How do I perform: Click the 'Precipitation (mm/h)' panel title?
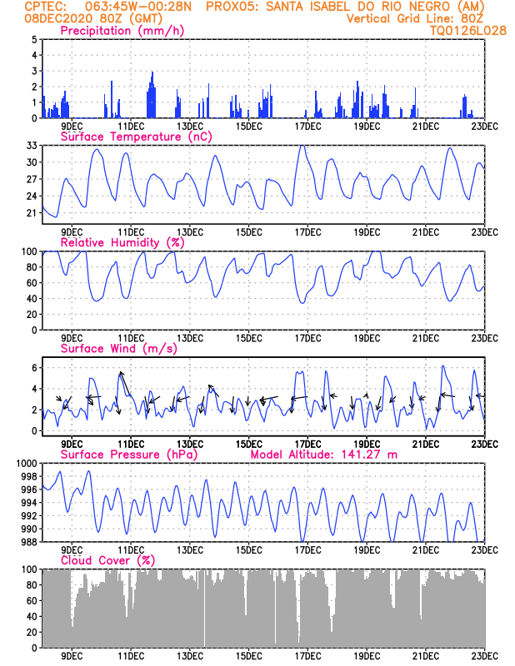[x=122, y=31]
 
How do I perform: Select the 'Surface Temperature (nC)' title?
[x=136, y=137]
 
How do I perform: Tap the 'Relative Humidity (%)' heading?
[x=122, y=242]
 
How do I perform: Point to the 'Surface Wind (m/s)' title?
[x=118, y=349]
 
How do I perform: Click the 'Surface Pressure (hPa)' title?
[x=129, y=455]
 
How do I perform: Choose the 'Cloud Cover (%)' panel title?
[x=107, y=560]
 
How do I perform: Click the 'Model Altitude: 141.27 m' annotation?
[x=324, y=455]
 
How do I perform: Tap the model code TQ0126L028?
[x=468, y=31]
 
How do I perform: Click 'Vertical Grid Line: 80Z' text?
[x=415, y=18]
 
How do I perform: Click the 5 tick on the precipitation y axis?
[x=35, y=39]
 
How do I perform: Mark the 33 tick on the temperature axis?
[x=32, y=145]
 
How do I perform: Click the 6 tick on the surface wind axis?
[x=35, y=367]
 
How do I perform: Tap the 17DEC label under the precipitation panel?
[x=307, y=127]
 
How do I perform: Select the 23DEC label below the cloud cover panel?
[x=485, y=656]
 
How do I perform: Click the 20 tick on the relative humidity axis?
[x=32, y=315]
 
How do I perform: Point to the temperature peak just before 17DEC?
[x=302, y=146]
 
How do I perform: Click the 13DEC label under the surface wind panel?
[x=190, y=445]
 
